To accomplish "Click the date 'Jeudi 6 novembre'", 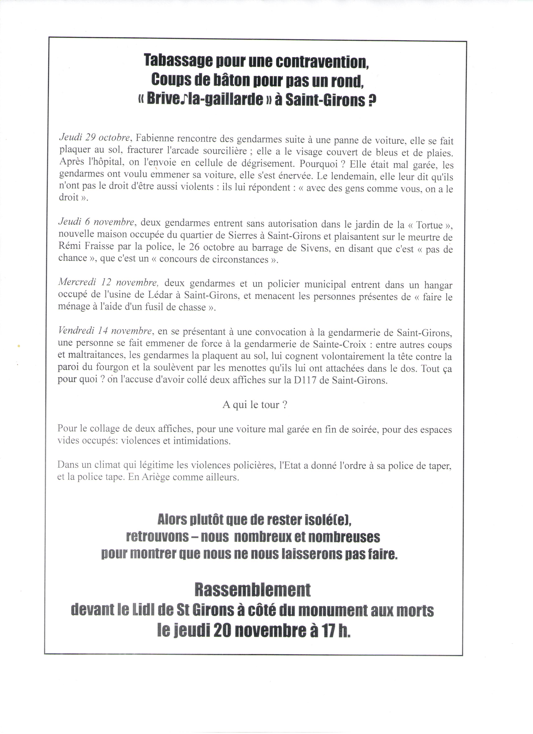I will [96, 222].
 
